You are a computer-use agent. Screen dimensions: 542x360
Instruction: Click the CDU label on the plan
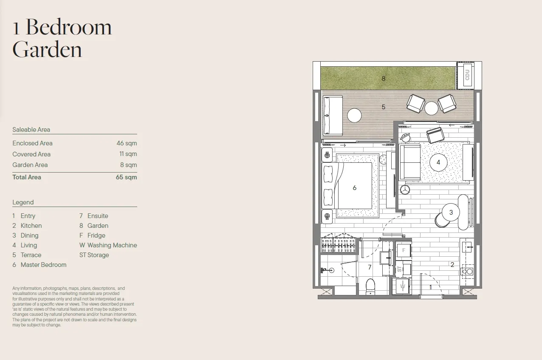(x=467, y=75)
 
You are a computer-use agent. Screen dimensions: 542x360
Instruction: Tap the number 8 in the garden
(x=383, y=79)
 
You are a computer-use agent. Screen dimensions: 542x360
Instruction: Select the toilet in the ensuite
(x=370, y=287)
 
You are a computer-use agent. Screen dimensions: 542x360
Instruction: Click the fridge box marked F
(x=404, y=250)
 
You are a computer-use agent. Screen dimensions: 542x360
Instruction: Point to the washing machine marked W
(x=402, y=286)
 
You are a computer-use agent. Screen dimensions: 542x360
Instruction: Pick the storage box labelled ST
(x=404, y=269)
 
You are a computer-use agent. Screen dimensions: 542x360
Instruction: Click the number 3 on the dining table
(x=451, y=213)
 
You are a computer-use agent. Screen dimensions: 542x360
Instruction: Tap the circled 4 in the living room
(x=438, y=162)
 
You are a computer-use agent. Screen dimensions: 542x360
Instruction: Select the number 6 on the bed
(x=355, y=187)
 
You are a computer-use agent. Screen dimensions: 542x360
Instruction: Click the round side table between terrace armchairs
(x=431, y=108)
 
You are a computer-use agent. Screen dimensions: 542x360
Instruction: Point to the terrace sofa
(x=333, y=116)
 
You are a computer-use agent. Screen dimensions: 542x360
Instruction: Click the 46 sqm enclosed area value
(x=127, y=143)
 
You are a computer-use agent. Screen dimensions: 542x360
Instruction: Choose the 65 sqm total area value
(x=126, y=177)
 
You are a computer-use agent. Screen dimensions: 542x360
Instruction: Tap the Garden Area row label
(x=30, y=165)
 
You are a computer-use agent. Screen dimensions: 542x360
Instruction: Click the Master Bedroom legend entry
(x=40, y=265)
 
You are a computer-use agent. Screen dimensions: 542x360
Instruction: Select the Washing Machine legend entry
(x=108, y=245)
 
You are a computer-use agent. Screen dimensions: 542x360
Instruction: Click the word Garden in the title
(x=47, y=50)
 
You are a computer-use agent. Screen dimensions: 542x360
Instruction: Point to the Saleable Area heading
(x=31, y=130)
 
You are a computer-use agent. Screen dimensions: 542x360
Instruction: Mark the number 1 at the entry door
(x=430, y=287)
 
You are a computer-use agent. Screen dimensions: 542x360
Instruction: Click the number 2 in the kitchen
(x=452, y=265)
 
